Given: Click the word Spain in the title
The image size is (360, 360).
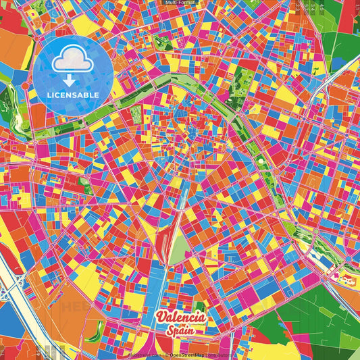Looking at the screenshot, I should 180,330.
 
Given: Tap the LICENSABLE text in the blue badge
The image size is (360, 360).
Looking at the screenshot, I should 73,95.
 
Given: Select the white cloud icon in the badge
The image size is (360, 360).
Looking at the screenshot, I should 73,61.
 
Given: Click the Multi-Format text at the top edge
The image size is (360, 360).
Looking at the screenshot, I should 180,3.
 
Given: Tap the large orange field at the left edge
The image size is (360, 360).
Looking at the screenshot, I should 14,51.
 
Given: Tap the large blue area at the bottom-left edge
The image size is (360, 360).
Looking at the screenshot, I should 8,324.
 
